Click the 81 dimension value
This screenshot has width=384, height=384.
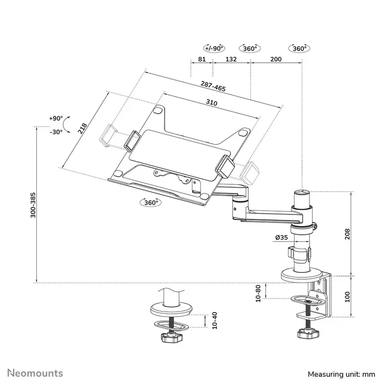[x=201, y=59]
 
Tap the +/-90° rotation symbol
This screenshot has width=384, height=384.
[x=213, y=48]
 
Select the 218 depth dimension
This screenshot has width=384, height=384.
[x=82, y=128]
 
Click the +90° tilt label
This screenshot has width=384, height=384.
[x=55, y=118]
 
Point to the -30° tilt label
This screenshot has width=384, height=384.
[x=55, y=132]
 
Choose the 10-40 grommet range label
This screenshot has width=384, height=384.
[x=214, y=321]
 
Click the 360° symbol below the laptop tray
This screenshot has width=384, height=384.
[x=150, y=202]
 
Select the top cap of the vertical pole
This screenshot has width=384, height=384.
[x=302, y=193]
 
